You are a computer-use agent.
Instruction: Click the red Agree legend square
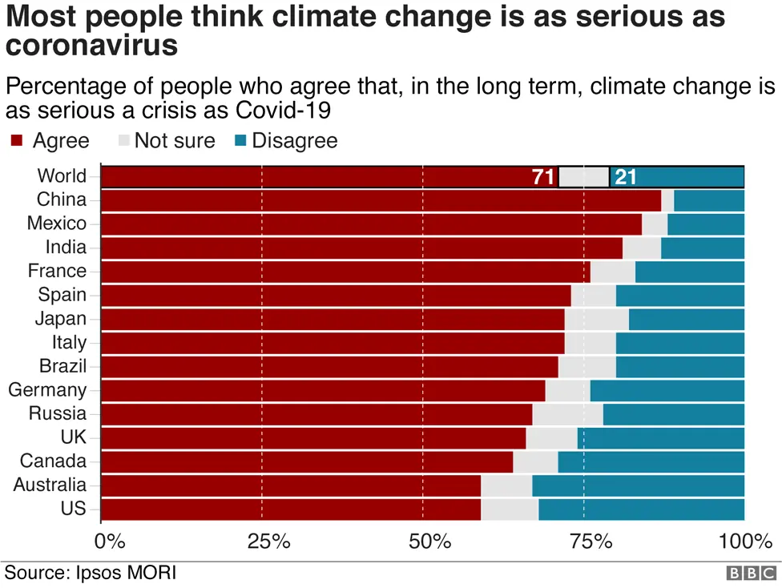pos(15,142)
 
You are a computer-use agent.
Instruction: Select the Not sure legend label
pos(175,141)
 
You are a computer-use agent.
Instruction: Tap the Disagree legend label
pos(295,141)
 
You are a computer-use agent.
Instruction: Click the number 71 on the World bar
pos(543,177)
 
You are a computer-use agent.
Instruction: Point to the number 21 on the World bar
pos(625,177)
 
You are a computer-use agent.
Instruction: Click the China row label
pos(62,199)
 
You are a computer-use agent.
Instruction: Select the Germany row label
pos(47,390)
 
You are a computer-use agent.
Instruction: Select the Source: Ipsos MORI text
pos(91,573)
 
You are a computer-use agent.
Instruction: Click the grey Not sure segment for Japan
pos(596,319)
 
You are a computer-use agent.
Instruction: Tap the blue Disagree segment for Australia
pos(638,485)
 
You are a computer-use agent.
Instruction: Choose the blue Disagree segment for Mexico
pos(705,224)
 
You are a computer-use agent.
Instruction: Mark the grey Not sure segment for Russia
pos(567,414)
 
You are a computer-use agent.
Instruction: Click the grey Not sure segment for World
pos(583,177)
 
